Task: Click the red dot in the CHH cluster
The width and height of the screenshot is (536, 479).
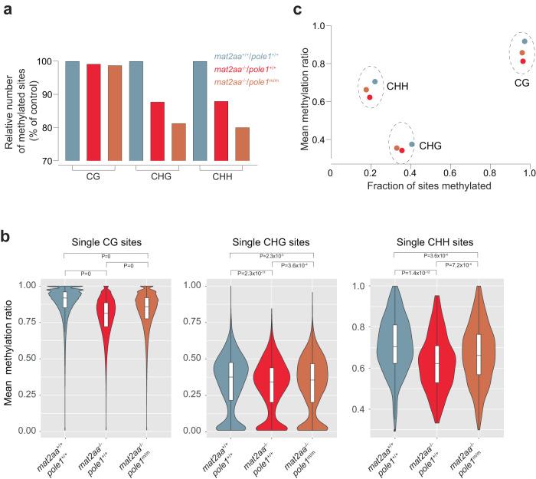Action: point(370,97)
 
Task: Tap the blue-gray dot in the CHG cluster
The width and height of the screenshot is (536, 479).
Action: point(412,144)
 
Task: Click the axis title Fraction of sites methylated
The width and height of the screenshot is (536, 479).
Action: point(430,186)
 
